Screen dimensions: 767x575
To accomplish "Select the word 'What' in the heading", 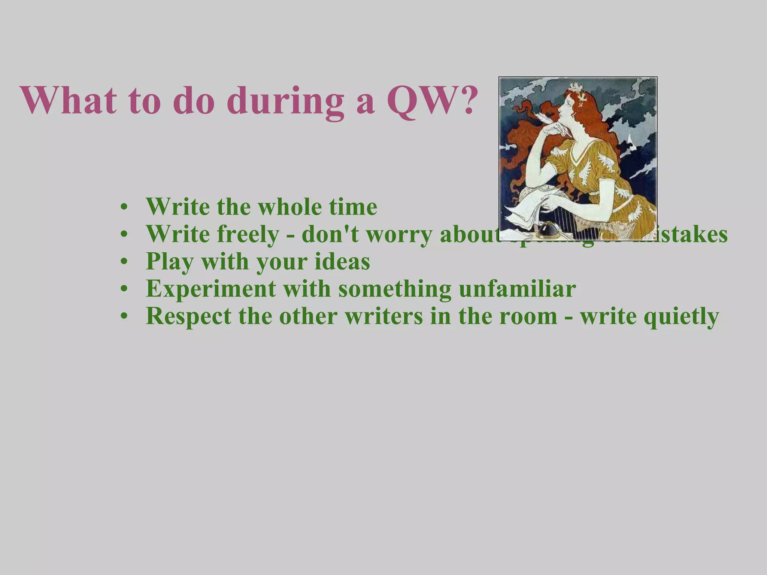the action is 67,100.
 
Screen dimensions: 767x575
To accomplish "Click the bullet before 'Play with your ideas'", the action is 124,262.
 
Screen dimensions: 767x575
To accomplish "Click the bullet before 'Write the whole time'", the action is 124,207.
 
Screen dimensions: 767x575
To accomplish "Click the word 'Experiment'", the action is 210,289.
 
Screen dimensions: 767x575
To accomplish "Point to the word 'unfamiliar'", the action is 517,289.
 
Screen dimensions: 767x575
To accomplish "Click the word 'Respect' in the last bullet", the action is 188,316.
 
